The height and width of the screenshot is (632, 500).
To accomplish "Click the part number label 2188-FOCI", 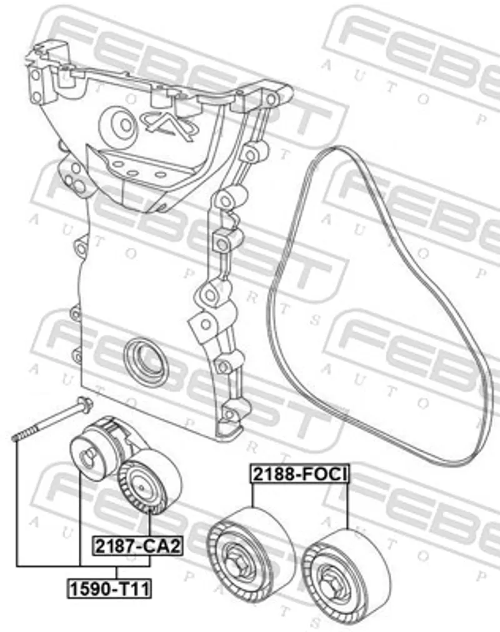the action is [x=299, y=474].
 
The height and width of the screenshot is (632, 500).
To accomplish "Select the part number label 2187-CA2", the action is [x=137, y=546].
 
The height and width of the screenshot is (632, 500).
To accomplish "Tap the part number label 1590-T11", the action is [x=109, y=588].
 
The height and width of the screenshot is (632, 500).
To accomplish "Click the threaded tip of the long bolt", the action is [x=15, y=437].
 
